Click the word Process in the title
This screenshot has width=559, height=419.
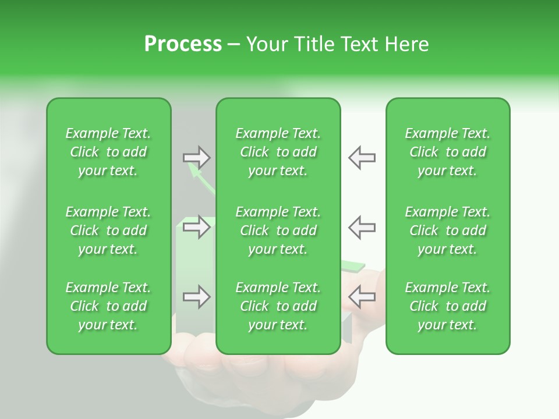pos(183,44)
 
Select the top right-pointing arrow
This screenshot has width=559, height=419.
pos(196,158)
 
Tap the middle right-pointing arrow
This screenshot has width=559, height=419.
pos(196,227)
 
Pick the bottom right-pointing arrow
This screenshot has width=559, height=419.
pos(196,297)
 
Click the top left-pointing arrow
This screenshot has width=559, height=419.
pos(362,158)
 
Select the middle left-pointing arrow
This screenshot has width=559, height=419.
pos(362,227)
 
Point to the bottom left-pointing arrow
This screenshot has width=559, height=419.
pos(362,297)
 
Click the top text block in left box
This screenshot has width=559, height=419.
pos(108,152)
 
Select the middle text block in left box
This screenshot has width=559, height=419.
pos(108,230)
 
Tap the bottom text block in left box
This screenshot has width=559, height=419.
pos(108,306)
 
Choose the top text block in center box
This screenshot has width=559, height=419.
pos(278,152)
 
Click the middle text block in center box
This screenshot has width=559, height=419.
pos(278,230)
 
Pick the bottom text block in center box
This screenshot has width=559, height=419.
pos(278,306)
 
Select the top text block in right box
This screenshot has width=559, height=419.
pos(448,152)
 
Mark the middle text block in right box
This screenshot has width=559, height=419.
pos(448,230)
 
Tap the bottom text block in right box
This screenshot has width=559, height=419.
pos(448,306)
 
